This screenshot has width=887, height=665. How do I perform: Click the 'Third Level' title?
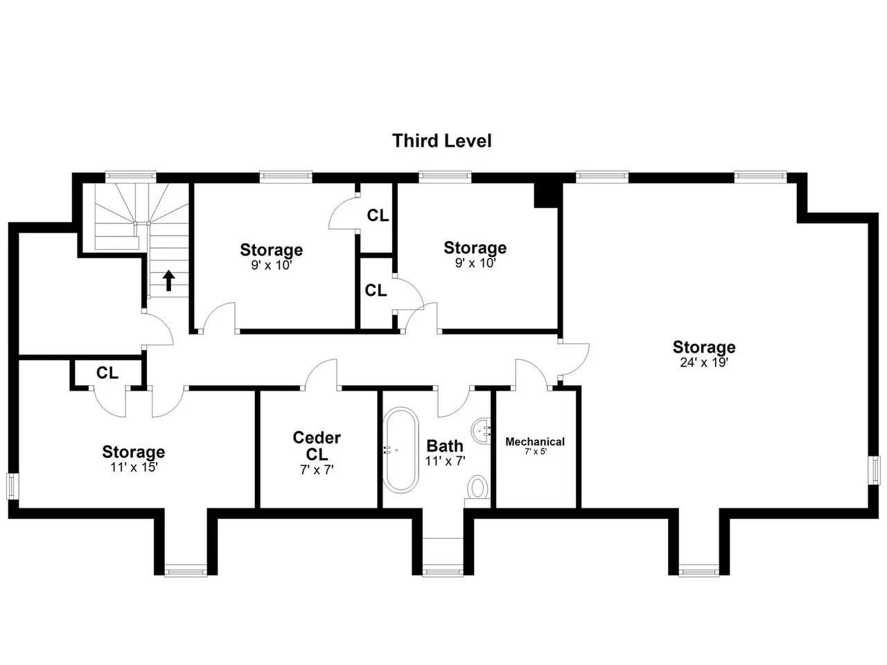click(x=441, y=141)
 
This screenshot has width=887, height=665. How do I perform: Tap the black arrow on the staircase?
click(x=168, y=281)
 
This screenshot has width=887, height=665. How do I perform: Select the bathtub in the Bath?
click(x=400, y=450)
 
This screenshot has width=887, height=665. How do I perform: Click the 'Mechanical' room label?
click(x=535, y=442)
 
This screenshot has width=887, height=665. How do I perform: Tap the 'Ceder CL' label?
click(x=317, y=445)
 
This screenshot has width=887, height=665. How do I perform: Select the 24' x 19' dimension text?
click(x=703, y=362)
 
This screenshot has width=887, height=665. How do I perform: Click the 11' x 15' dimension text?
click(x=134, y=467)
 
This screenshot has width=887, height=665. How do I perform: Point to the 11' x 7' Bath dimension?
click(x=445, y=461)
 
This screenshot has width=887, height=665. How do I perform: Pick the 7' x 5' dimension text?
click(x=536, y=452)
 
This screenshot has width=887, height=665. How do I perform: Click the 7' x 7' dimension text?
click(x=317, y=470)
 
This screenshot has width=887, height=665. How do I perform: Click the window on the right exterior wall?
click(x=875, y=470)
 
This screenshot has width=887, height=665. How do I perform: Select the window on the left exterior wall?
click(x=12, y=486)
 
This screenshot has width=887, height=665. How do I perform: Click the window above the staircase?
click(x=130, y=176)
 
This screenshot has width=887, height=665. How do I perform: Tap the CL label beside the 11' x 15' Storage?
click(x=107, y=373)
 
